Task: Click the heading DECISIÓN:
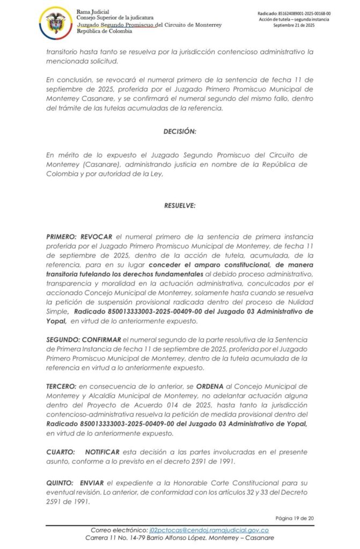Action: [x=180, y=131]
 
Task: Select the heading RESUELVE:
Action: [x=180, y=205]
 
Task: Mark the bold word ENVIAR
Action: [x=92, y=483]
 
